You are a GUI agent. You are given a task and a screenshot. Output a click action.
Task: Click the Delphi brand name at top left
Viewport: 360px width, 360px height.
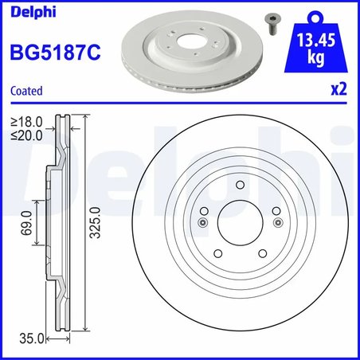pyautogui.click(x=26, y=11)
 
